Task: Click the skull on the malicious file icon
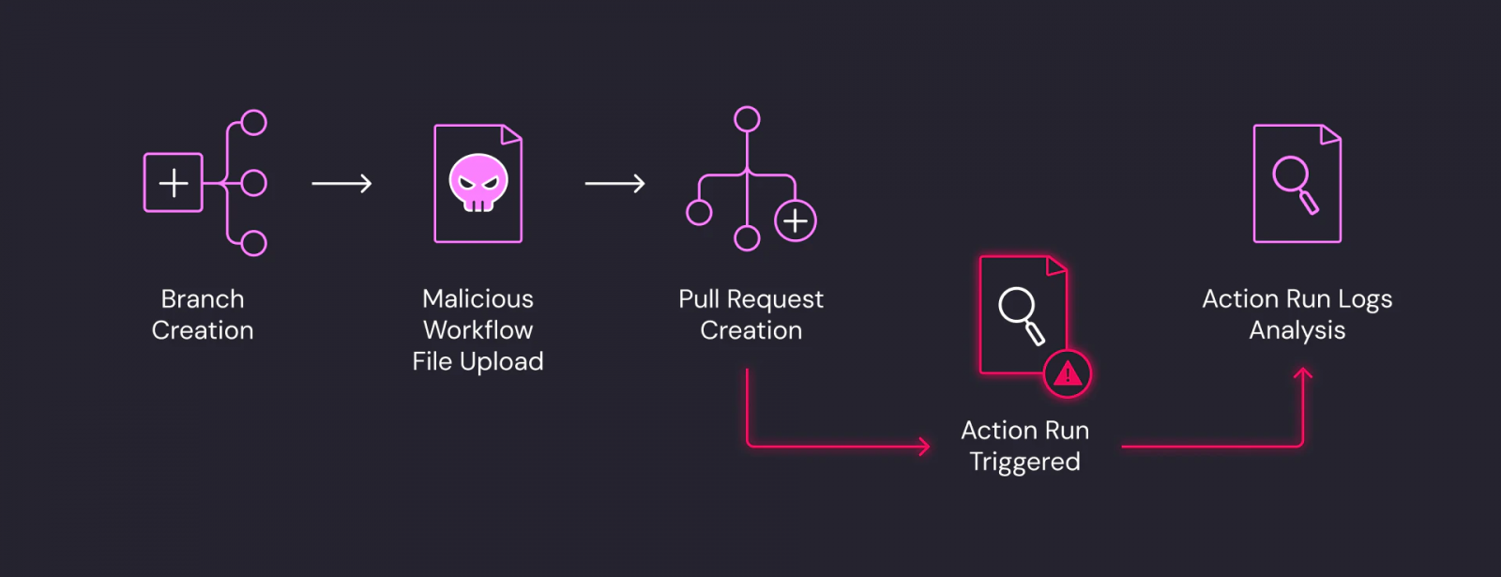pos(478,182)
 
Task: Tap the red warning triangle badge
pos(1068,374)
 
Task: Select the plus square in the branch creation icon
pos(174,183)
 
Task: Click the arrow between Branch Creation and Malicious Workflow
pos(341,184)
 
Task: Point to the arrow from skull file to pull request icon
pos(614,184)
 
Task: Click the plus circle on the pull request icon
pos(796,220)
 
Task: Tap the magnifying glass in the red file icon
pos(1021,314)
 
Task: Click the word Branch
pos(203,299)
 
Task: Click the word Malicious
pos(478,299)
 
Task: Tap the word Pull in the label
pos(699,299)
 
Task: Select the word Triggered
pos(1024,462)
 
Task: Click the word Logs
pos(1365,299)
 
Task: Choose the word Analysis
pos(1297,330)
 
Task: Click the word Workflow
pos(478,330)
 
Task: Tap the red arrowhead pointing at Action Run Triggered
pos(924,447)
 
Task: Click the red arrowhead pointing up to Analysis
pos(1303,375)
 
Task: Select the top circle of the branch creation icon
pos(254,123)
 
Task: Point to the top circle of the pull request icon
pos(747,119)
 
